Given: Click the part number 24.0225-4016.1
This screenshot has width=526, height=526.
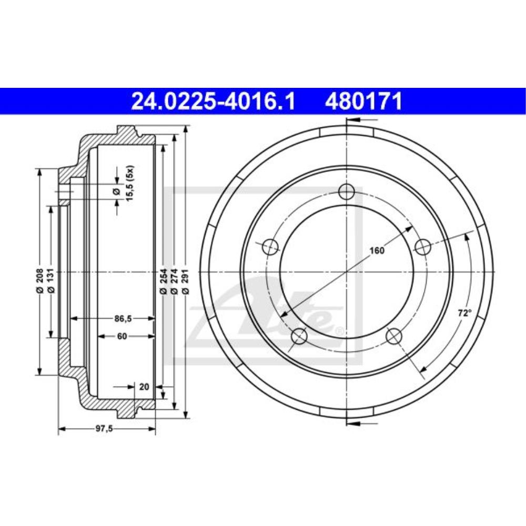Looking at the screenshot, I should (x=214, y=101).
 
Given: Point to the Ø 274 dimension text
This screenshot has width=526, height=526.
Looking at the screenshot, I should (x=174, y=285).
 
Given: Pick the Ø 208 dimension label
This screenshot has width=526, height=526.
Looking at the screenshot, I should (x=39, y=285).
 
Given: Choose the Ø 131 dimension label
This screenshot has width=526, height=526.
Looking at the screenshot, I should (x=51, y=285).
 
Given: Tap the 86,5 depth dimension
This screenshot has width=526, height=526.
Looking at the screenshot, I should (x=122, y=318).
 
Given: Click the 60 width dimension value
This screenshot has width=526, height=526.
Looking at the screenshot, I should (x=122, y=337).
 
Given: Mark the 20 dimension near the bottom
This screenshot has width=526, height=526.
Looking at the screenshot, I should (x=144, y=387).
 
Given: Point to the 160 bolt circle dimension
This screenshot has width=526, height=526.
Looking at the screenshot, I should (x=377, y=250).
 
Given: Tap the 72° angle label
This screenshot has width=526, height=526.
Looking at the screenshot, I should (x=464, y=313).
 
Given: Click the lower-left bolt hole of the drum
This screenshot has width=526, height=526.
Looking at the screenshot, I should (x=299, y=336).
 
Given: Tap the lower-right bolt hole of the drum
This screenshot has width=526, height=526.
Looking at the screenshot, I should (x=394, y=336).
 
